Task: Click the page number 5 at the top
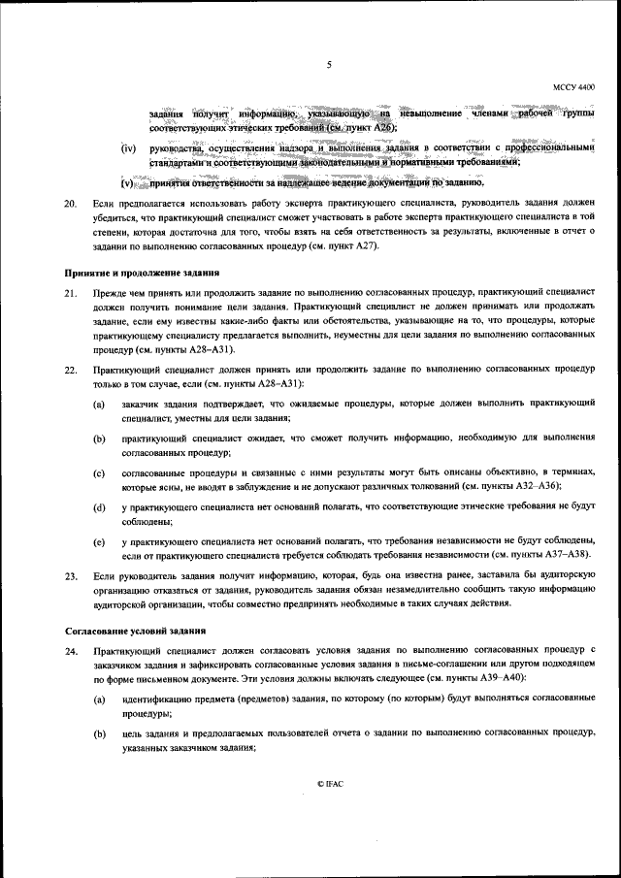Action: pos(330,65)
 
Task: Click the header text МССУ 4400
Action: pos(574,88)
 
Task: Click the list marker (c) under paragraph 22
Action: pos(100,472)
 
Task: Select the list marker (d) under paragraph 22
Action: pos(100,507)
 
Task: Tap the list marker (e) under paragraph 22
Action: pos(100,541)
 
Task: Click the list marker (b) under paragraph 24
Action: pos(100,734)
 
